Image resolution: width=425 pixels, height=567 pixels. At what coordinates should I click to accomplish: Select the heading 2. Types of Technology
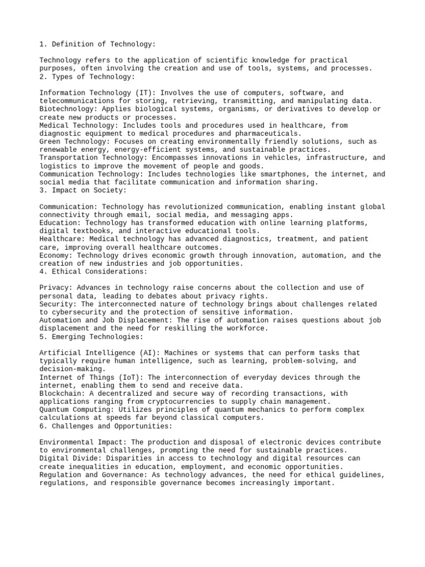(87, 76)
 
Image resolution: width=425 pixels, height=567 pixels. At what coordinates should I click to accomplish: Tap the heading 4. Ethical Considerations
(94, 272)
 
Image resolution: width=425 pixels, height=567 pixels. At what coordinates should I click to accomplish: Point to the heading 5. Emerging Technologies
(91, 337)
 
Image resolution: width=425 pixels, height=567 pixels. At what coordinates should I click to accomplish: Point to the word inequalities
(95, 467)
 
